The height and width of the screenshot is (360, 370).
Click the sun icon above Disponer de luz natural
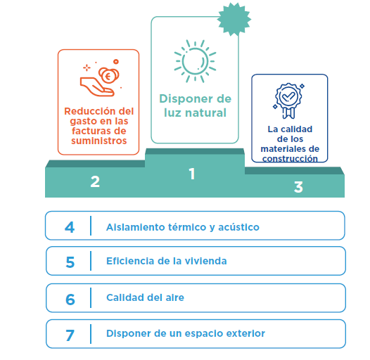(195, 61)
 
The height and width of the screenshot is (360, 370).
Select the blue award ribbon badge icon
(288, 101)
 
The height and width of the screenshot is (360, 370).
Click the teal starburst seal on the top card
(234, 20)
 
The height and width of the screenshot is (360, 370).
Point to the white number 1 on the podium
(192, 174)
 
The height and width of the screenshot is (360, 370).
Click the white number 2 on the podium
(95, 181)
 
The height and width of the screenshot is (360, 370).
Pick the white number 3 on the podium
(298, 187)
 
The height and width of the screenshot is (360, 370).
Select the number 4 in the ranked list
(70, 227)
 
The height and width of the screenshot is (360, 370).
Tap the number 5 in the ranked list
(70, 262)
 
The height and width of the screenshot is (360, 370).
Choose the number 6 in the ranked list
(70, 300)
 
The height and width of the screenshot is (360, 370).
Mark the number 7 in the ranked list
(70, 335)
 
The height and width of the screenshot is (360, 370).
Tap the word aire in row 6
(175, 297)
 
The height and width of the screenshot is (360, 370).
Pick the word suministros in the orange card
(99, 141)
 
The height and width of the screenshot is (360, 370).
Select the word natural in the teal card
(206, 112)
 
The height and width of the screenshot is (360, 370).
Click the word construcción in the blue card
(290, 159)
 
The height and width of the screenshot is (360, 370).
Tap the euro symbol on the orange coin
(108, 76)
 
